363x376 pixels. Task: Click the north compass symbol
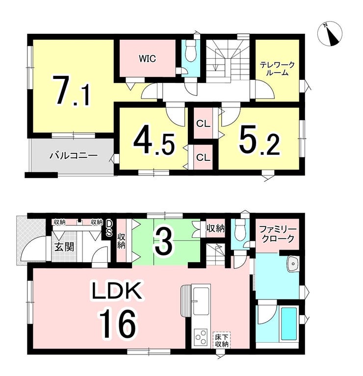pos(330,34)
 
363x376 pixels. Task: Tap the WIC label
pos(147,58)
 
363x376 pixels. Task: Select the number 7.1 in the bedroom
pos(72,91)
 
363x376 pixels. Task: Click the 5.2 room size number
pos(259,143)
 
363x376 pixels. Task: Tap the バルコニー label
pos(74,155)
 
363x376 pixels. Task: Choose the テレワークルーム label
pos(277,69)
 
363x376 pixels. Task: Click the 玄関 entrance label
pos(64,247)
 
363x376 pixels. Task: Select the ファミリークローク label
pos(278,234)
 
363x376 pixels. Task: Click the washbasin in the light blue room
pos(293,264)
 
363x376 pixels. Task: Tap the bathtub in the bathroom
pos(288,324)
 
